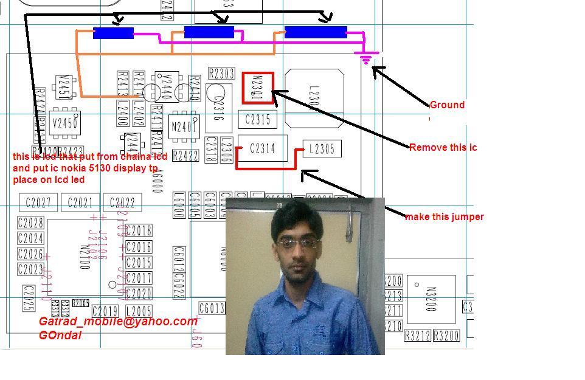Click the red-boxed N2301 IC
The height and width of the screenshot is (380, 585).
[258, 88]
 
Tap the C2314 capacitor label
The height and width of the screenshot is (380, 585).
[262, 148]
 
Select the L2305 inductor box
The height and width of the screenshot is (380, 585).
[322, 149]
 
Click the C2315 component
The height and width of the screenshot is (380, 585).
[257, 120]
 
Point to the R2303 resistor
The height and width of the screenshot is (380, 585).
[221, 74]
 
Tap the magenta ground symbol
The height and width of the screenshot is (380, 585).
[365, 59]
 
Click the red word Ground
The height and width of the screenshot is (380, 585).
[447, 105]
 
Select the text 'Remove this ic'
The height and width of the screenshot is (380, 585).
[443, 147]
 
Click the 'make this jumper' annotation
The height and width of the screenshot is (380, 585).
[444, 216]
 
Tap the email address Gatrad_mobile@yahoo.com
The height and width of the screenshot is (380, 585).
[118, 322]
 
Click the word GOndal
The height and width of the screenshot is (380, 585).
[60, 335]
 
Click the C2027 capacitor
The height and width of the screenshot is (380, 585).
[38, 202]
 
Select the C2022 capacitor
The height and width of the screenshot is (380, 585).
[122, 202]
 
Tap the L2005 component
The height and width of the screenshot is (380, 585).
[139, 312]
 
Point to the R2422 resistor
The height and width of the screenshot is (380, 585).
[186, 156]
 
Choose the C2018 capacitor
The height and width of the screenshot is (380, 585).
[139, 230]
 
